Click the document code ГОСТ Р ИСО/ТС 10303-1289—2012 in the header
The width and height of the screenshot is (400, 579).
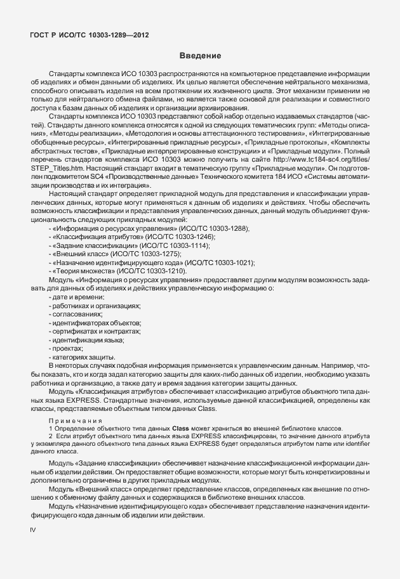90,35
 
